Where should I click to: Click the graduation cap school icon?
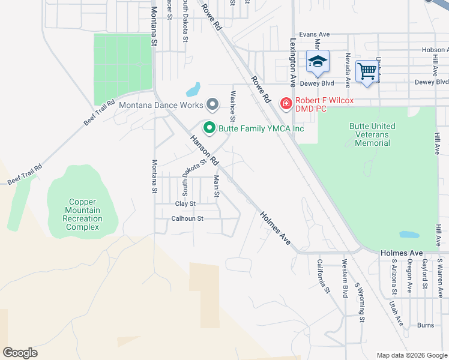[318, 61]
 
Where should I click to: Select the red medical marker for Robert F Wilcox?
[286, 104]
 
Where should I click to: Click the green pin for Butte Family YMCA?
[209, 128]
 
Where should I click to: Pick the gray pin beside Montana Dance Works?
[212, 105]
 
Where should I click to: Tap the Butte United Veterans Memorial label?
[372, 134]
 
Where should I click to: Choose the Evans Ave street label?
[315, 35]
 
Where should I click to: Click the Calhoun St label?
[187, 219]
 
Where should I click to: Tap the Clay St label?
[185, 204]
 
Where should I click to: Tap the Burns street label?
[425, 325]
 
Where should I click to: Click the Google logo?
[20, 352]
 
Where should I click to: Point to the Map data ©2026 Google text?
[411, 355]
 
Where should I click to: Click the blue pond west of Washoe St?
[193, 90]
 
